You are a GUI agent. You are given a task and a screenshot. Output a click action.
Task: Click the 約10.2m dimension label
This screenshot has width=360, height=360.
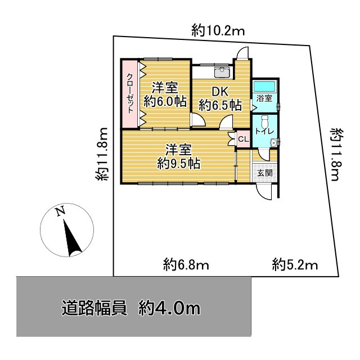pyautogui.click(x=218, y=31)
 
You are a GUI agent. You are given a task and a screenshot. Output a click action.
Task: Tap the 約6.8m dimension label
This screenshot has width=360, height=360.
pyautogui.click(x=186, y=264)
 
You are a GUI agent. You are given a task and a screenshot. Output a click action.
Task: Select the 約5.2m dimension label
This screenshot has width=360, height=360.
pyautogui.click(x=295, y=264)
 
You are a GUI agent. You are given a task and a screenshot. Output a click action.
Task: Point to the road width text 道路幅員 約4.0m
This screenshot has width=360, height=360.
pyautogui.click(x=130, y=308)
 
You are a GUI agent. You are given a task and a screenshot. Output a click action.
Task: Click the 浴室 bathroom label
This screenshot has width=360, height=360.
pyautogui.click(x=264, y=98)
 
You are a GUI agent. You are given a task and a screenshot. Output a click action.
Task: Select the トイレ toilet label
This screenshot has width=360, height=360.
pyautogui.click(x=264, y=131)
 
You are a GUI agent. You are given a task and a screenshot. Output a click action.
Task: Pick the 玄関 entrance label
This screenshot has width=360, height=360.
pyautogui.click(x=264, y=173)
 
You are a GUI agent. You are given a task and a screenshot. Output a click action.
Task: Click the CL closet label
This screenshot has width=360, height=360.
pyautogui.click(x=243, y=139)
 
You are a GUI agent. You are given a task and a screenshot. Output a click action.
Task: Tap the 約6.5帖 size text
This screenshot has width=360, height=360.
pyautogui.click(x=220, y=105)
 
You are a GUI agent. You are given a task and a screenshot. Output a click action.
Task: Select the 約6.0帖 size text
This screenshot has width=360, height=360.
pyautogui.click(x=165, y=101)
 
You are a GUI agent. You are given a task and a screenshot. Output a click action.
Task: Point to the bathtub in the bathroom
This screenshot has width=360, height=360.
pyautogui.click(x=264, y=87)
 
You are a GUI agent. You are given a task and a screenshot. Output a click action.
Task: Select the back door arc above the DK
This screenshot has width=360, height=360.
pyautogui.click(x=242, y=54)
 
